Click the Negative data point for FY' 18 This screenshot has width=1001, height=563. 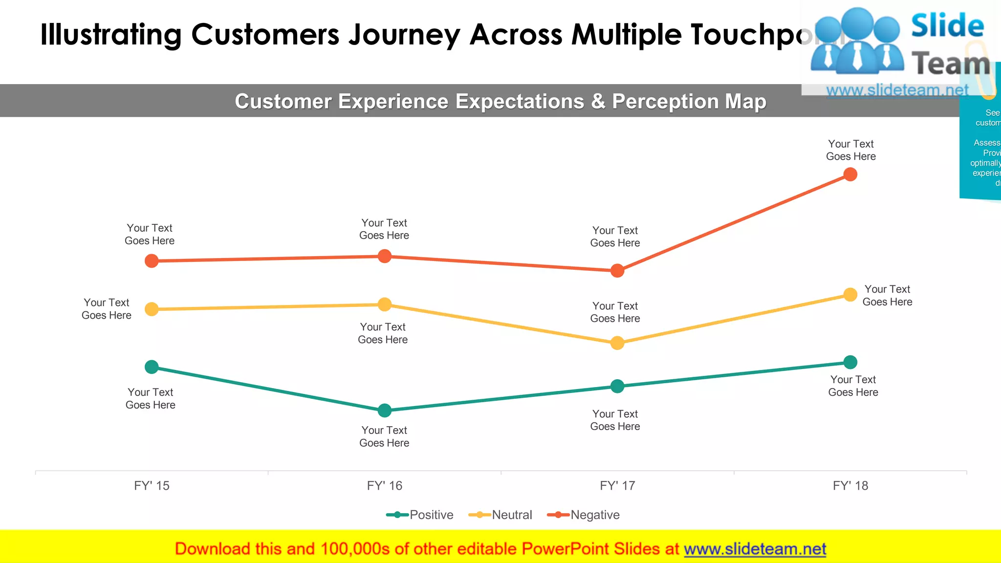point(850,174)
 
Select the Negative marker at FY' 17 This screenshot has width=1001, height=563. point(617,271)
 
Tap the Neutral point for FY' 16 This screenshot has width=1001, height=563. point(385,304)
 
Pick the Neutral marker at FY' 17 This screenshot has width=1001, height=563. point(617,343)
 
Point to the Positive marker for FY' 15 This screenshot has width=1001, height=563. point(152,367)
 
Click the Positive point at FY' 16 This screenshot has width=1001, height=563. point(385,410)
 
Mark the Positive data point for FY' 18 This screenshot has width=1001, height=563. point(850,362)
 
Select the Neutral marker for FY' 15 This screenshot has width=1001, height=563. point(152,309)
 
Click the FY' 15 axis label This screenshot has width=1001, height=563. point(152,486)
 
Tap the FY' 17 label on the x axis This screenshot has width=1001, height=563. point(617,486)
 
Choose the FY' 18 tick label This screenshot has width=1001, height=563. point(850,486)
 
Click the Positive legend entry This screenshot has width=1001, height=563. point(420,515)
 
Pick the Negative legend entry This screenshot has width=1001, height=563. point(584,515)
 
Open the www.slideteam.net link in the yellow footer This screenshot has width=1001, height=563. point(755,549)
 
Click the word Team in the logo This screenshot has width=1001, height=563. point(951,64)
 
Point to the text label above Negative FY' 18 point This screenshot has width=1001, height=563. point(850,150)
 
